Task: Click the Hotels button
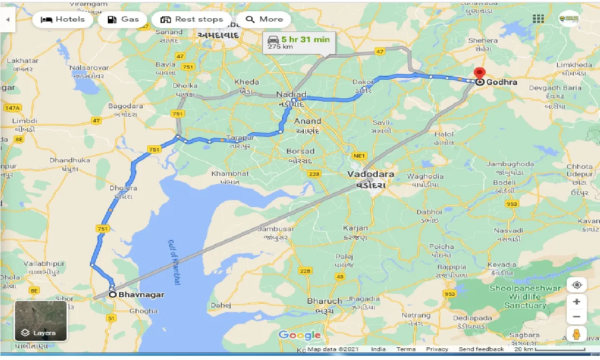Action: [63, 20]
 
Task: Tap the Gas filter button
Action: [123, 20]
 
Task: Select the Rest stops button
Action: [191, 20]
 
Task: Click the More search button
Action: [264, 20]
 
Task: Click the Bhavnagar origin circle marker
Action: [112, 295]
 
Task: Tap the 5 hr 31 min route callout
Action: [299, 42]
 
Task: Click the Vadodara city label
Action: [370, 174]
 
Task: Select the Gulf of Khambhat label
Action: [174, 262]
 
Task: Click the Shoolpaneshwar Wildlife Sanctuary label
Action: [525, 297]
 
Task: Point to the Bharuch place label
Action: [324, 301]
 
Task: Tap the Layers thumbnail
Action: [41, 321]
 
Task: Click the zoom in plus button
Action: [577, 301]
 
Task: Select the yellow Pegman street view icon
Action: [577, 334]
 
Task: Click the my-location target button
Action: [577, 285]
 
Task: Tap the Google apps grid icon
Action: [538, 19]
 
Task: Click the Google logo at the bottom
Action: [300, 335]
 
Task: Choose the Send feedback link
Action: [481, 349]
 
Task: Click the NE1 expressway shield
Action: [360, 155]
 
